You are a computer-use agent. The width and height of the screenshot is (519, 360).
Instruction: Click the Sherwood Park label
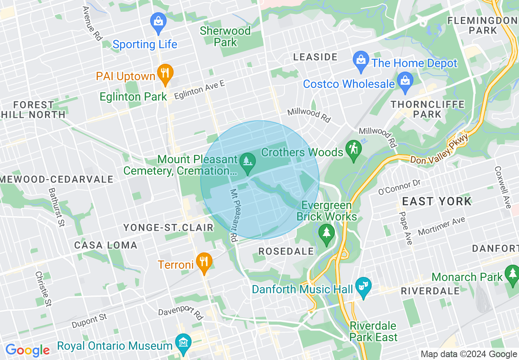coord(225,36)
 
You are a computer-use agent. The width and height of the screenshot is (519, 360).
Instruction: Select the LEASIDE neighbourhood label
coord(315,57)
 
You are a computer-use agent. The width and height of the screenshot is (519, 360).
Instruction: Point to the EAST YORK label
coord(437,201)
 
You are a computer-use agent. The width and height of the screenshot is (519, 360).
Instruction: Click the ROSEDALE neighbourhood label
coord(286,251)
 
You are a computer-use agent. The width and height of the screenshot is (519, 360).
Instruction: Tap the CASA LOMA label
coord(106,245)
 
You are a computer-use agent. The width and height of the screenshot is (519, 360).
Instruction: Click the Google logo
coord(27,350)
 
